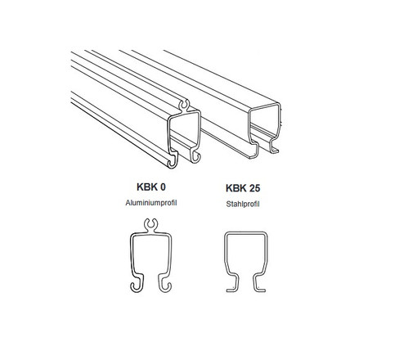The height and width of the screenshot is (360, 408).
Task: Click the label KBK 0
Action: (151, 187)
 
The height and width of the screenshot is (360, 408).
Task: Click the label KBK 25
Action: (243, 188)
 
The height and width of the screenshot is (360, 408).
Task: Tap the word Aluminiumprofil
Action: (151, 203)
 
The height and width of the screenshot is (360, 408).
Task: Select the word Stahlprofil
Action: (243, 204)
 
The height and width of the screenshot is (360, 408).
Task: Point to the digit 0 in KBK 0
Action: (163, 187)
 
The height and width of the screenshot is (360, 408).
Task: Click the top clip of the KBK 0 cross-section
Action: (150, 225)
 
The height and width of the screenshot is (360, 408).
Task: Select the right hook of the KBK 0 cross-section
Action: (165, 284)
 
